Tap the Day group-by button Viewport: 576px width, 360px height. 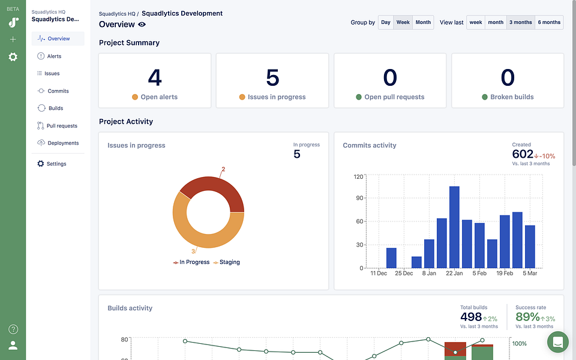[x=386, y=22]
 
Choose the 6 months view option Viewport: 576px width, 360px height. [x=549, y=22]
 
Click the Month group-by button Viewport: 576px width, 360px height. [x=423, y=22]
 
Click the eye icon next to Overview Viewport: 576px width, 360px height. [x=142, y=24]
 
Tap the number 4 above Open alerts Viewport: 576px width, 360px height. [x=155, y=77]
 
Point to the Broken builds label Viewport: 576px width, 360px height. [x=512, y=97]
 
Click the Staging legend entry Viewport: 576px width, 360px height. [x=226, y=262]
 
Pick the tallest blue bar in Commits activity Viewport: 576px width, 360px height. [x=454, y=227]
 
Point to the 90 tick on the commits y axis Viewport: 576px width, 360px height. [x=359, y=198]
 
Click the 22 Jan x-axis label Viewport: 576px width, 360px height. [x=454, y=274]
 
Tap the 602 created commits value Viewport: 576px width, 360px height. [x=523, y=154]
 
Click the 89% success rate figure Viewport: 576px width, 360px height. [x=527, y=317]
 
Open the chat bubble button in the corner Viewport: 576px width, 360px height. [x=557, y=341]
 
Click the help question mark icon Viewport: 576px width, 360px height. [x=13, y=329]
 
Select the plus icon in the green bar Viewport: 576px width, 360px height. [x=13, y=40]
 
